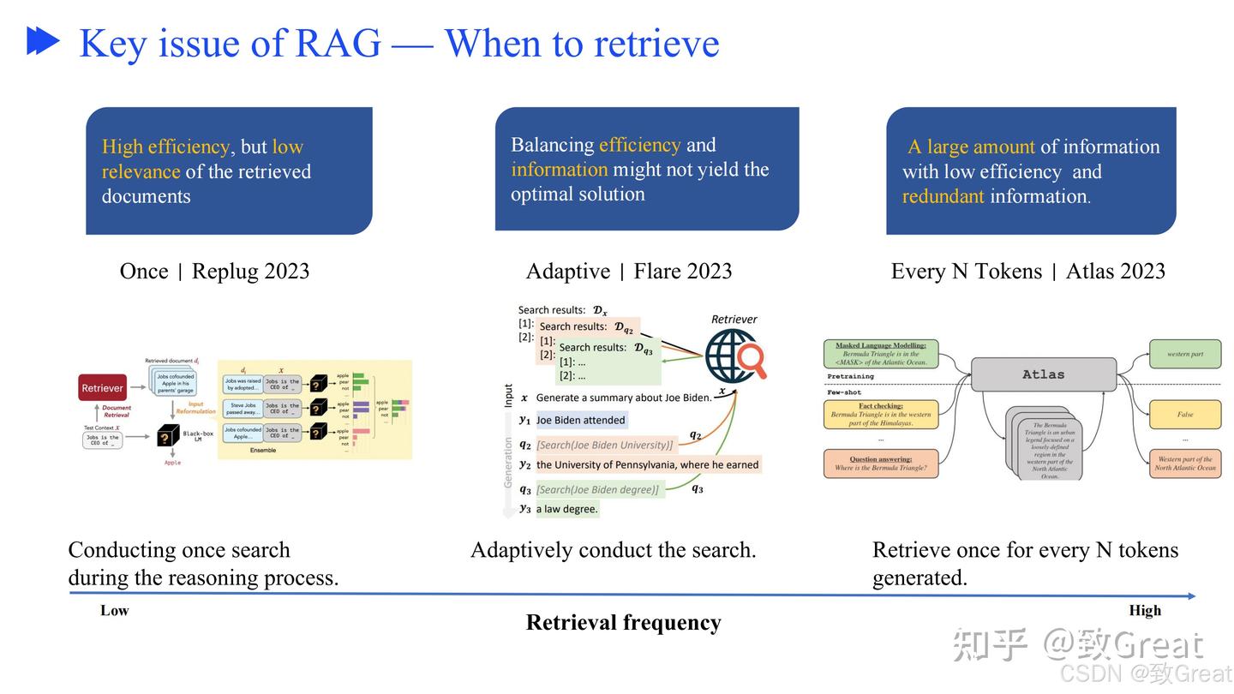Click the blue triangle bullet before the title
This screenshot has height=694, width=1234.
[x=42, y=41]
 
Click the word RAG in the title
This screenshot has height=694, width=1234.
[x=338, y=43]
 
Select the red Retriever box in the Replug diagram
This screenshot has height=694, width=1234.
[x=102, y=388]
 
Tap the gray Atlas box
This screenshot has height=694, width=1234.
[x=1043, y=374]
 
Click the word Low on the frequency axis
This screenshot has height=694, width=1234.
[x=115, y=611]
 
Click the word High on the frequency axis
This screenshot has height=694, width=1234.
[x=1145, y=611]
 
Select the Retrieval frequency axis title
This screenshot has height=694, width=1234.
[x=623, y=623]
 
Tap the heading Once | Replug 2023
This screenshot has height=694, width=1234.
[x=214, y=272]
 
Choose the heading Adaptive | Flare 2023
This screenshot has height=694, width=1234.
[x=629, y=272]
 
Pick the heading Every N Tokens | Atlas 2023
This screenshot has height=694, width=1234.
[x=1027, y=272]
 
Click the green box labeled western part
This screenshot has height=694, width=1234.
[x=1185, y=354]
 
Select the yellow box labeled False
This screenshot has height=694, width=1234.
[x=1185, y=415]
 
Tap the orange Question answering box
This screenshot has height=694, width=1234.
[x=880, y=464]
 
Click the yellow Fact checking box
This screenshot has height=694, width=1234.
[x=880, y=415]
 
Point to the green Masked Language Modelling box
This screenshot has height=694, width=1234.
[x=880, y=354]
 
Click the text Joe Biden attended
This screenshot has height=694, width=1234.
[x=581, y=420]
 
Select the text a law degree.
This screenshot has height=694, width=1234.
[x=567, y=509]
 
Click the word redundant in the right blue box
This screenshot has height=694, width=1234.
[x=943, y=196]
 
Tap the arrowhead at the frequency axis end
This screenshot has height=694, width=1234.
[x=1191, y=595]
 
